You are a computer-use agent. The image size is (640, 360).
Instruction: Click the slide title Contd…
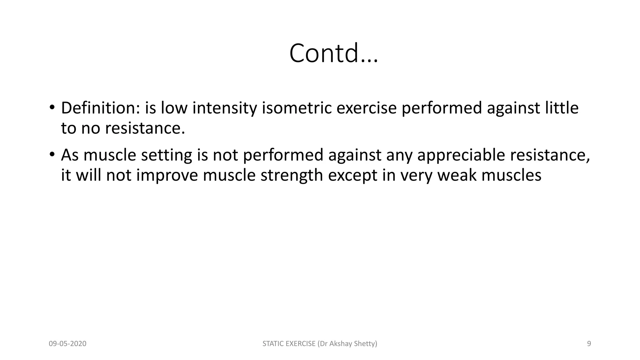pyautogui.click(x=333, y=53)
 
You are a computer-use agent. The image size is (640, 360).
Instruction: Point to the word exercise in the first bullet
pyautogui.click(x=366, y=108)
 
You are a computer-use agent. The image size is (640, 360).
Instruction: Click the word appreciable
pyautogui.click(x=461, y=155)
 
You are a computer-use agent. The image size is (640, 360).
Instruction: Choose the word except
pyautogui.click(x=352, y=175)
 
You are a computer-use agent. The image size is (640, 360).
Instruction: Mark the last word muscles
pyautogui.click(x=511, y=175)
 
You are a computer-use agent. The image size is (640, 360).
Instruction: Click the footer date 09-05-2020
pyautogui.click(x=67, y=344)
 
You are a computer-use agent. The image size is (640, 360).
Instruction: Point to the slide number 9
pyautogui.click(x=589, y=344)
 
